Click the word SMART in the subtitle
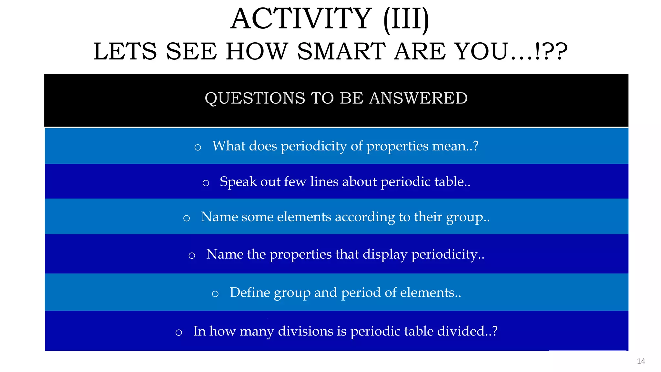tap(341, 51)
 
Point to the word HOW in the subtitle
tap(257, 51)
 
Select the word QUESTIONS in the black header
tap(255, 98)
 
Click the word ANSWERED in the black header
tap(418, 98)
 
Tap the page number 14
tap(641, 361)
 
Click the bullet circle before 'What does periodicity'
tap(198, 148)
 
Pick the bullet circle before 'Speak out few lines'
tap(206, 183)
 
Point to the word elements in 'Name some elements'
tap(304, 217)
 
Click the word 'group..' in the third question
tap(468, 217)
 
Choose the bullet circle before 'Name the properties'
tap(192, 256)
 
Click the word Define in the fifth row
tap(250, 292)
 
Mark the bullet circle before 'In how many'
tap(179, 333)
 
